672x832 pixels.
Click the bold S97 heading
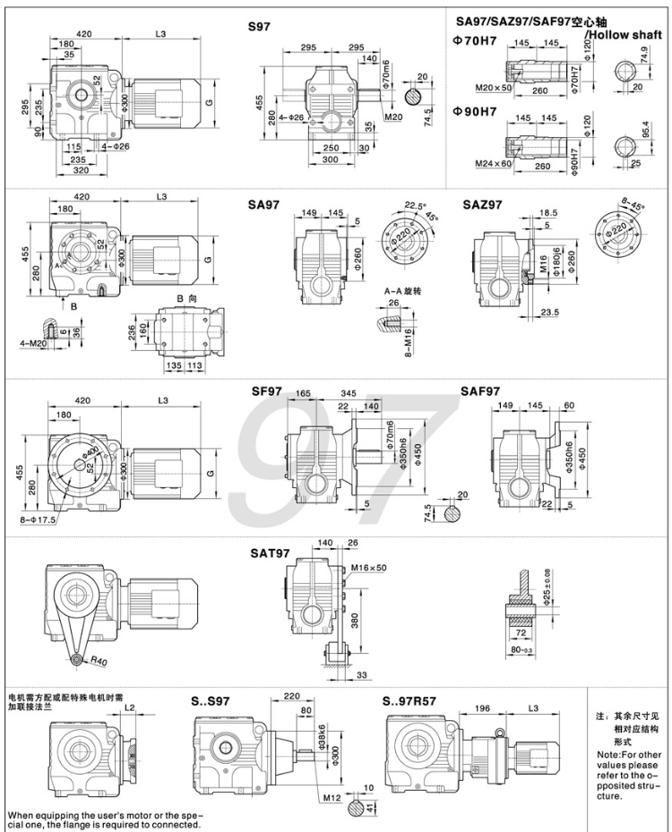[260, 28]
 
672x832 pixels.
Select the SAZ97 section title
[482, 204]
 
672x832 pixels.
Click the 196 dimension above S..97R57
[482, 709]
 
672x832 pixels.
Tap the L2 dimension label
[132, 708]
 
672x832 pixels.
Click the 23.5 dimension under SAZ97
[550, 312]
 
